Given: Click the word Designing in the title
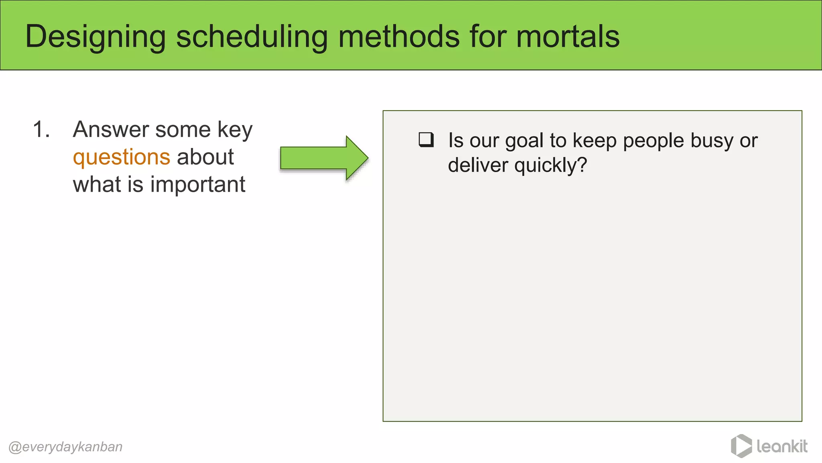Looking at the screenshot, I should click(96, 37).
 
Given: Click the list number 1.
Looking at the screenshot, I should click(41, 130).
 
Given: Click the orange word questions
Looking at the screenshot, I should click(121, 157).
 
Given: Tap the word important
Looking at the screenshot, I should click(197, 185).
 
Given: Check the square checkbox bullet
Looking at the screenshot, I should click(426, 140).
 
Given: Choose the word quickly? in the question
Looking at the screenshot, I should click(551, 165).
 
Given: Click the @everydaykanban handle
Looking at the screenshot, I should click(65, 447).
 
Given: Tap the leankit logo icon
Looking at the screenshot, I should click(741, 446).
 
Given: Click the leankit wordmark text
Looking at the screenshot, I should click(782, 446).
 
